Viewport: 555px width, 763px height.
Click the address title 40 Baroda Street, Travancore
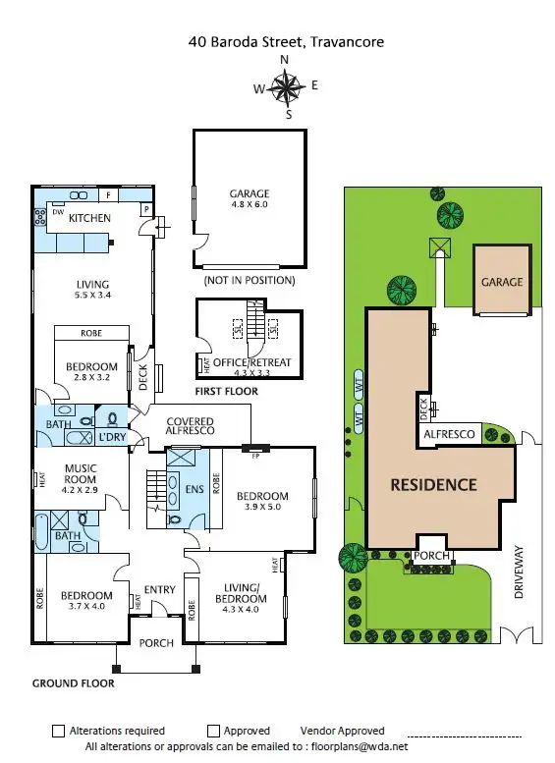pos(286,42)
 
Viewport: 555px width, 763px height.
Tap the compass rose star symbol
pos(287,89)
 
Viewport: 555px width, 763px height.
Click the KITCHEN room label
pos(88,218)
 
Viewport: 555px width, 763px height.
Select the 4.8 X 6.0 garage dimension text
pos(250,206)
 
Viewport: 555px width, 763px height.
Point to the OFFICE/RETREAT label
pos(254,362)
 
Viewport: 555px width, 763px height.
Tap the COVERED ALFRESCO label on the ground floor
pos(190,428)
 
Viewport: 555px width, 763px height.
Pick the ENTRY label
pos(159,589)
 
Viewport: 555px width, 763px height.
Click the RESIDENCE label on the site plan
pos(433,484)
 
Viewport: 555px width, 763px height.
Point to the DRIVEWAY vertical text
pos(520,572)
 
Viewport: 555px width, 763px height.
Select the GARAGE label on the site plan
pos(501,282)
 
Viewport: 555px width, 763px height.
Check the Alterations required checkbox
pos(58,731)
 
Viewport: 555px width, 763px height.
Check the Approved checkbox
pos(213,731)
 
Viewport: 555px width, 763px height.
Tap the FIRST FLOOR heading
pos(226,391)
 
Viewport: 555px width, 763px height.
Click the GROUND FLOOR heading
pos(73,682)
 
